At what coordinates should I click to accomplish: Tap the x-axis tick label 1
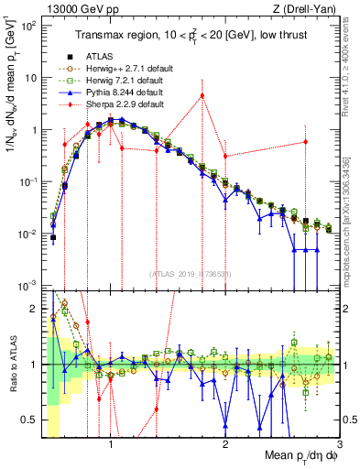[111, 442]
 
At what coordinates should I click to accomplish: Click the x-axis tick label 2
[225, 442]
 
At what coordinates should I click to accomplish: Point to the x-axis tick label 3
[339, 442]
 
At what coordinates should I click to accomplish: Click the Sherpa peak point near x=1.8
[202, 95]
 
